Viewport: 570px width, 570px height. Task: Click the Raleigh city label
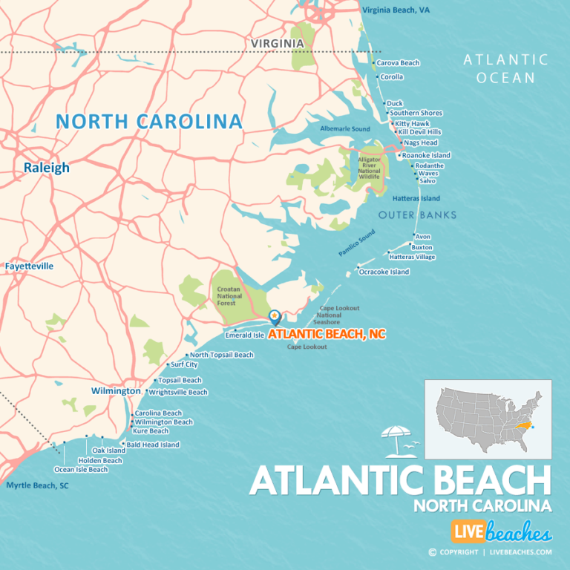click(x=46, y=168)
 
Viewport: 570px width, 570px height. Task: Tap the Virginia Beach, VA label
click(x=396, y=10)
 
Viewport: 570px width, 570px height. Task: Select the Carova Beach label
click(x=398, y=63)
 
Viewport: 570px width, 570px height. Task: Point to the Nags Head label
click(x=420, y=142)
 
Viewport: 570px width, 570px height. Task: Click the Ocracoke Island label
click(x=384, y=272)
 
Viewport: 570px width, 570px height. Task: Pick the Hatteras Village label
click(x=412, y=257)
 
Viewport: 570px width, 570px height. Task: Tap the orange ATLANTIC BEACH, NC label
click(x=327, y=335)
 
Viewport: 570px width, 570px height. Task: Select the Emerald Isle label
click(x=244, y=335)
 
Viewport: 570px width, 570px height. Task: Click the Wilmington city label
click(x=116, y=390)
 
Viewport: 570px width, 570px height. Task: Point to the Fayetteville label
click(x=29, y=266)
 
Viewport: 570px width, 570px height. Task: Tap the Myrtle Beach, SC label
click(x=37, y=485)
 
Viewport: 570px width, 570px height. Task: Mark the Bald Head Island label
click(x=152, y=445)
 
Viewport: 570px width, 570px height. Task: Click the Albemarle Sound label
click(x=344, y=128)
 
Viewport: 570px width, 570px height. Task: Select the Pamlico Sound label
click(x=357, y=243)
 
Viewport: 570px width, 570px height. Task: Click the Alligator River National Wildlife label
click(x=369, y=168)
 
